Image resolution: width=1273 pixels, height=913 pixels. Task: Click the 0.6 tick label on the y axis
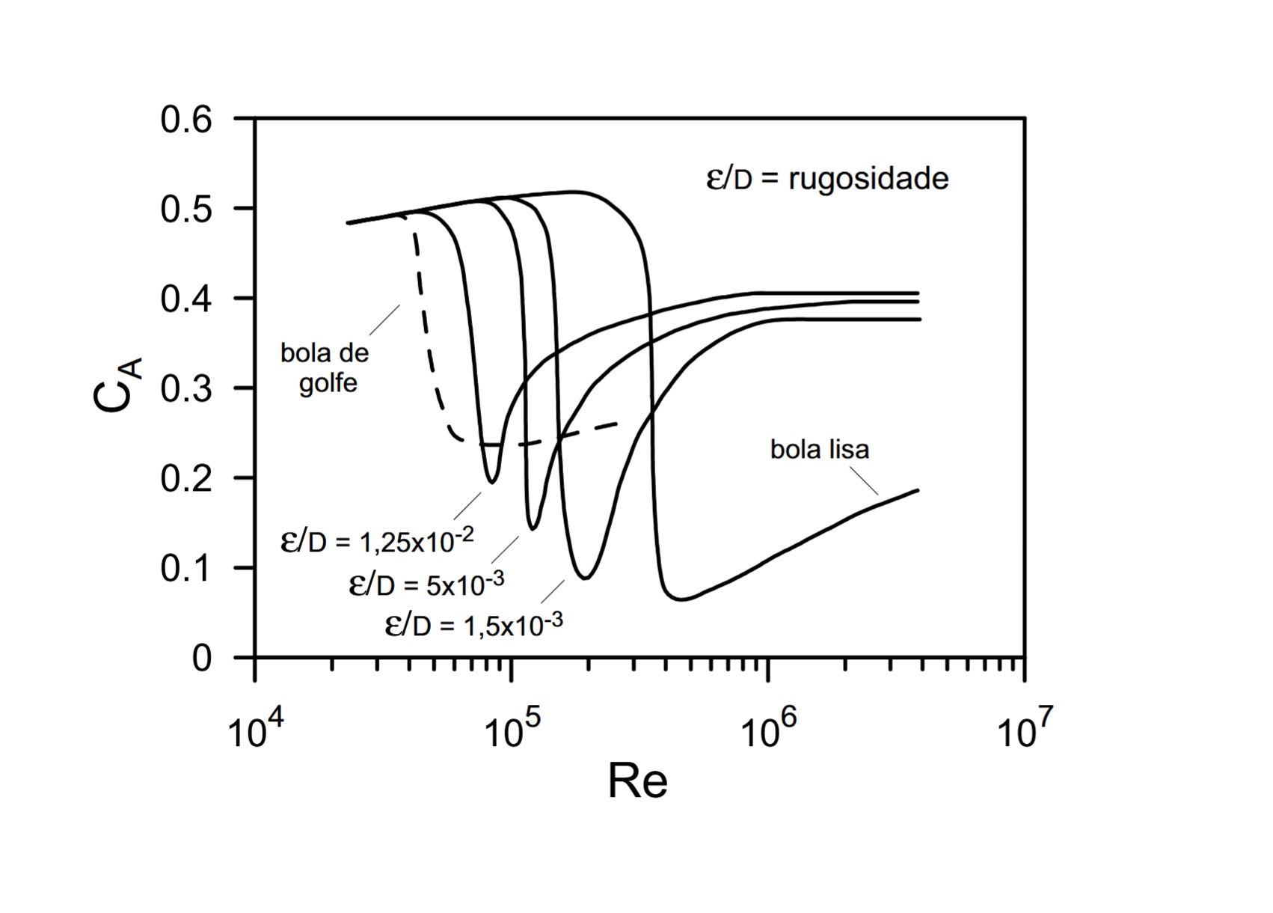186,120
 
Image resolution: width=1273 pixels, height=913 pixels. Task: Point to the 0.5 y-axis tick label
186,210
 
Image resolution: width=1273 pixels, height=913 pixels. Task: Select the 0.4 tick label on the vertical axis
186,299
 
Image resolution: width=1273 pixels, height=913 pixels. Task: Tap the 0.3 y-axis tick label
186,389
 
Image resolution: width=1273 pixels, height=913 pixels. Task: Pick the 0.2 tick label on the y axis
186,479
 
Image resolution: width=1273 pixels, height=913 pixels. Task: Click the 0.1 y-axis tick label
186,569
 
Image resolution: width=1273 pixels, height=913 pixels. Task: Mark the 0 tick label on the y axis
202,659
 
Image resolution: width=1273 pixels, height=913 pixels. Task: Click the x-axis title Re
637,782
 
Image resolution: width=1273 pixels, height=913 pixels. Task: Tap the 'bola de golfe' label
325,367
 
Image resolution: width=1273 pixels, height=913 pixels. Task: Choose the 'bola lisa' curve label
820,449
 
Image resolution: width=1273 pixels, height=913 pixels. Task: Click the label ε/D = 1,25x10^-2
377,540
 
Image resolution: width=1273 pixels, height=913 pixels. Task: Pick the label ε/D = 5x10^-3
426,584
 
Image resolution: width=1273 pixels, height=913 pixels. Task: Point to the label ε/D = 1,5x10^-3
473,624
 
